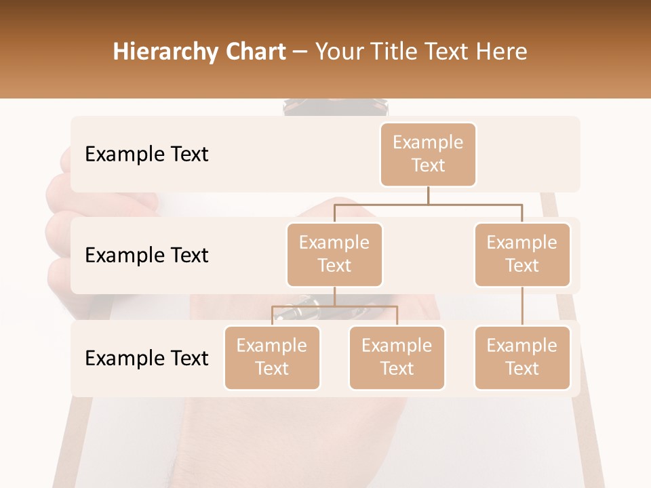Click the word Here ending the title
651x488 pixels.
(x=502, y=52)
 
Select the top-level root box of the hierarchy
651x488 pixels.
(x=428, y=155)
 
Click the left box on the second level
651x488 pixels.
(x=334, y=255)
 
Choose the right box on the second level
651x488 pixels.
(x=522, y=255)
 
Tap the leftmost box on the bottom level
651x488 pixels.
(x=272, y=358)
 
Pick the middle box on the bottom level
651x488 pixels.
(x=397, y=358)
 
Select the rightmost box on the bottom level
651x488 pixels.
(x=522, y=358)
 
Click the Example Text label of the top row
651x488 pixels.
(x=146, y=155)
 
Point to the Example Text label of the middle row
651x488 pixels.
(x=146, y=256)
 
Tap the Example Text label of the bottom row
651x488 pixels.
(x=146, y=359)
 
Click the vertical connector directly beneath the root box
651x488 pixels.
(x=428, y=195)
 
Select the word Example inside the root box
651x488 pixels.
(x=428, y=142)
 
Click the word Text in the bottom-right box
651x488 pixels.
(x=522, y=369)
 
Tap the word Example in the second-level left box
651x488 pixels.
(x=334, y=243)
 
